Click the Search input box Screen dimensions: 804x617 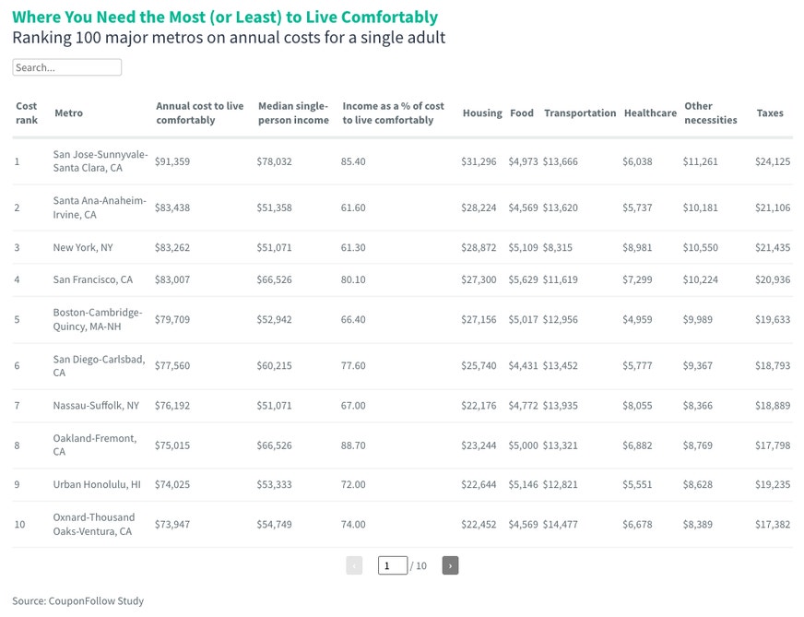66,67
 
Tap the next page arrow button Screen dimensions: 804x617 450,565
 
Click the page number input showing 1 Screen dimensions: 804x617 393,565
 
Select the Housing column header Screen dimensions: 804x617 482,113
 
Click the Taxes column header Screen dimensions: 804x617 770,113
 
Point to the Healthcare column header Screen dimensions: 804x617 650,113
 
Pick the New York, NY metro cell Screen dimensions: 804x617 83,247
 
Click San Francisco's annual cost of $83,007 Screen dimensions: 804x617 172,279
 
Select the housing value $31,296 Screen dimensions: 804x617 479,161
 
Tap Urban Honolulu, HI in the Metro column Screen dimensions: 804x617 97,484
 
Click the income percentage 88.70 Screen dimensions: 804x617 353,445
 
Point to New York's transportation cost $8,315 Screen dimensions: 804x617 558,247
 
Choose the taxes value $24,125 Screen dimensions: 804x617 773,161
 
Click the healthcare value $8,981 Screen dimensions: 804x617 637,247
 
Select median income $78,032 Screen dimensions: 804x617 275,161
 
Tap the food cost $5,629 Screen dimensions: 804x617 523,279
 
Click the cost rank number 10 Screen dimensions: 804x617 19,524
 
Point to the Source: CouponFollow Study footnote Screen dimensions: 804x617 78,600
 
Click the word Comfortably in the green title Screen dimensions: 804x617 389,17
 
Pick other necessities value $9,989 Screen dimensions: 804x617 697,319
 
